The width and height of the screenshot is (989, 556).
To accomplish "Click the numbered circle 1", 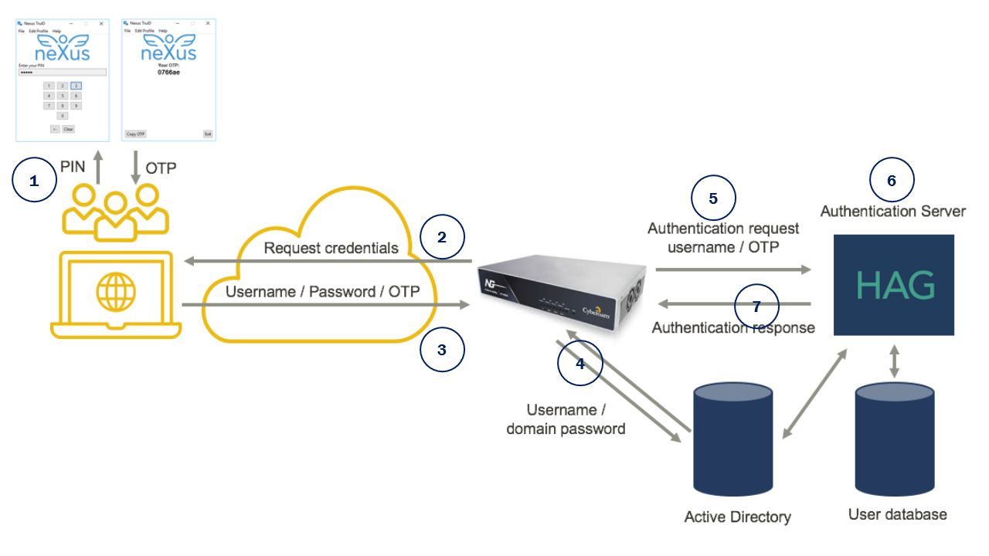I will (x=34, y=181).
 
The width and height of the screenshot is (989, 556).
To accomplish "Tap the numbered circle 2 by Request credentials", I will (x=442, y=237).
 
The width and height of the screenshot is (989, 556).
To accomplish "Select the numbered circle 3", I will (x=442, y=350).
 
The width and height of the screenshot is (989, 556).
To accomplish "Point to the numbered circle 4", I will (x=580, y=362).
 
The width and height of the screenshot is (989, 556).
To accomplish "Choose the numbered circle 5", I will (x=713, y=198).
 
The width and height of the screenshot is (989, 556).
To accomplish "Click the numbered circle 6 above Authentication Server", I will (x=892, y=181).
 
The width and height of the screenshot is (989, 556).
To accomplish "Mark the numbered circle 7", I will (x=756, y=307).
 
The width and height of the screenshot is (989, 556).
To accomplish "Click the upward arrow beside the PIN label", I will (x=98, y=167).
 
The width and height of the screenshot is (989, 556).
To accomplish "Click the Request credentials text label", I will (x=331, y=248).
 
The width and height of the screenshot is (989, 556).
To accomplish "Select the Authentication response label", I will (x=733, y=327).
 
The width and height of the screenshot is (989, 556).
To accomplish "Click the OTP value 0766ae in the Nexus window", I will (x=168, y=72).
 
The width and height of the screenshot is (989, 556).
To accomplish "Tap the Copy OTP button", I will (x=135, y=134).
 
